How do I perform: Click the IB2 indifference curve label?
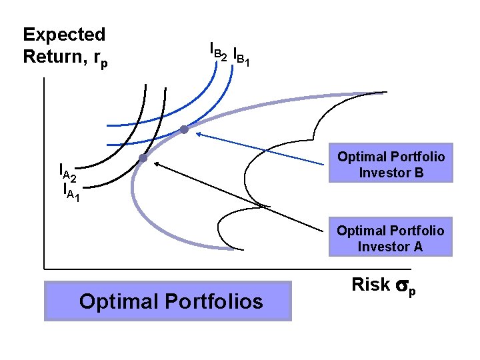click(218, 51)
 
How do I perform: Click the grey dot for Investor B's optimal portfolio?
click(185, 130)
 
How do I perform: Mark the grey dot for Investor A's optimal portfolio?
click(143, 159)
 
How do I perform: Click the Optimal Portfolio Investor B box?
click(391, 164)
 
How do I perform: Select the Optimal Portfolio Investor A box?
click(391, 237)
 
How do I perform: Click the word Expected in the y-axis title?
click(64, 35)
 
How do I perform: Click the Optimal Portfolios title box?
click(168, 301)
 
